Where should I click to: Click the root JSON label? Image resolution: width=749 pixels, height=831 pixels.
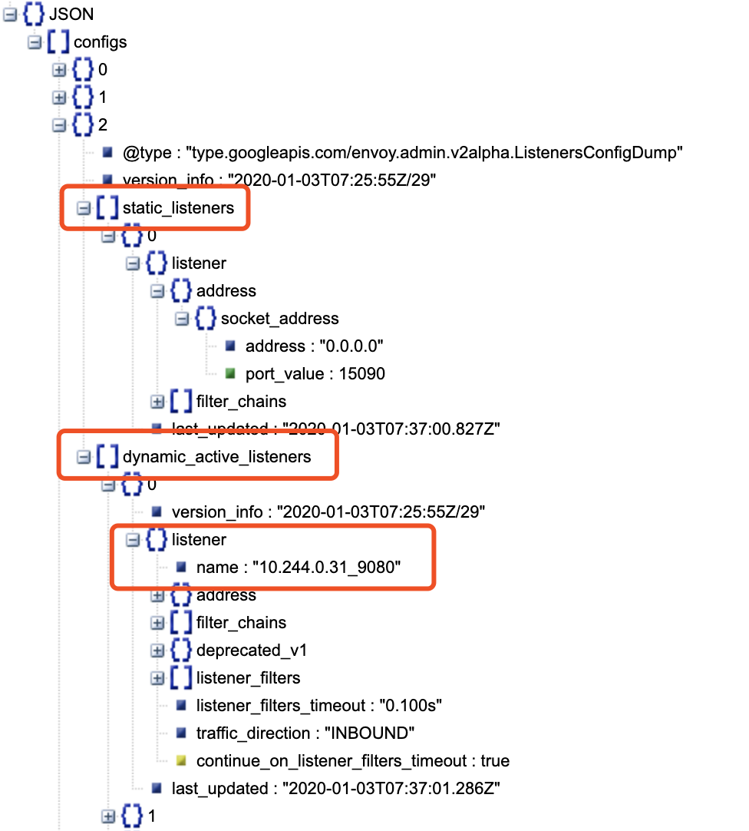71,15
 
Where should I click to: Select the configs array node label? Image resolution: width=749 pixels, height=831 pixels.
100,42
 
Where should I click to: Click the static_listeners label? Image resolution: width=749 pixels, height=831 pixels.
178,208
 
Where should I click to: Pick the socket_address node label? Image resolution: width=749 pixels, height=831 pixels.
279,319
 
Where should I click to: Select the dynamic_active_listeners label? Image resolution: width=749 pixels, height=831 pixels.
216,457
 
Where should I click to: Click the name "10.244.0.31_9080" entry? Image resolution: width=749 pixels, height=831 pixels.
299,568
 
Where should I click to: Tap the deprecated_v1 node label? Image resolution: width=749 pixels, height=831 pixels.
252,651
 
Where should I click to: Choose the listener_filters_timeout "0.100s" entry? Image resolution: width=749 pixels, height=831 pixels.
319,706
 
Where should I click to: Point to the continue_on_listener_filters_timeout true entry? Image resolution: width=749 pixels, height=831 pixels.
352,761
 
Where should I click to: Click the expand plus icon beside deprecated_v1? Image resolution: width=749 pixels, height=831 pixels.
157,651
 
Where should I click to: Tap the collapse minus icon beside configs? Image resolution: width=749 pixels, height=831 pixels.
34,42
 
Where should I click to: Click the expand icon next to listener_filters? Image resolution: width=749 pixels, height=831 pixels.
157,678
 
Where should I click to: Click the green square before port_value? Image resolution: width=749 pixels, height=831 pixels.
230,374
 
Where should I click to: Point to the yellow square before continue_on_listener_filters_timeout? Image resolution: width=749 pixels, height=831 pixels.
181,761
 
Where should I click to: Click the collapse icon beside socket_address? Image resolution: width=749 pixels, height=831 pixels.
182,319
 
